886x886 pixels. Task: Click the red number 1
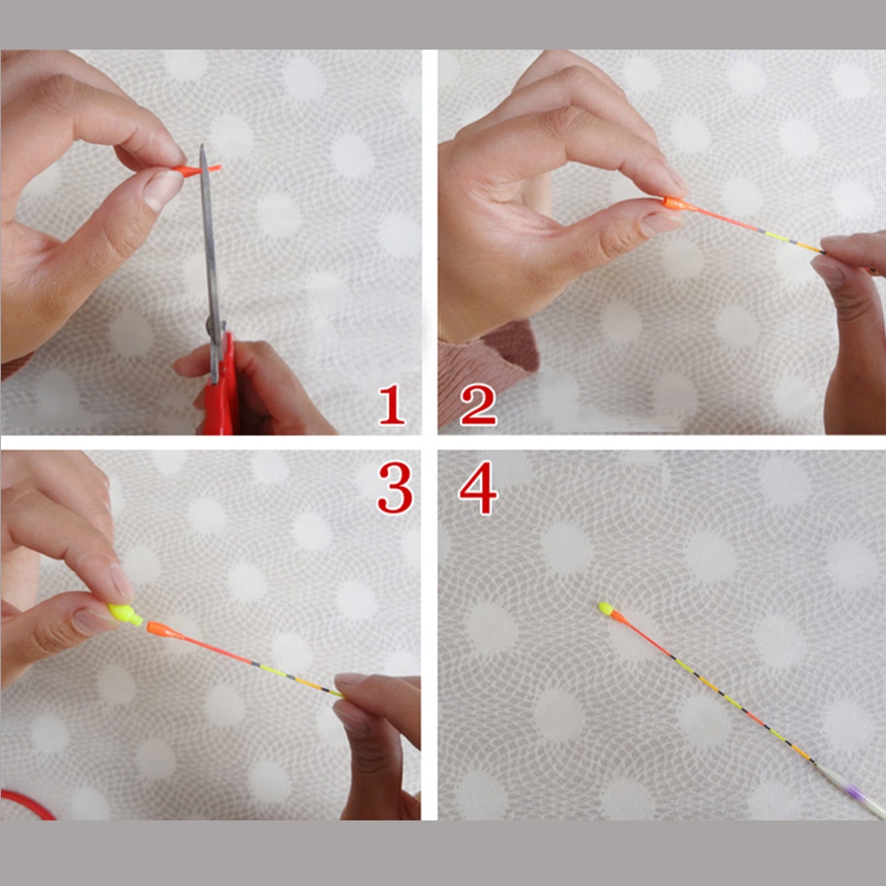(392, 405)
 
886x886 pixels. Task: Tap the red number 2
(478, 405)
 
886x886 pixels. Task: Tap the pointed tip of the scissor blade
(202, 149)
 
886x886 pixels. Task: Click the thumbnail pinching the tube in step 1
(162, 189)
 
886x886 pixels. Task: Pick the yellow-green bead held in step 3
(124, 613)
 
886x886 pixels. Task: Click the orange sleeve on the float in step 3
(161, 630)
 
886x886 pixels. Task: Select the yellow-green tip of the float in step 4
(605, 609)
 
